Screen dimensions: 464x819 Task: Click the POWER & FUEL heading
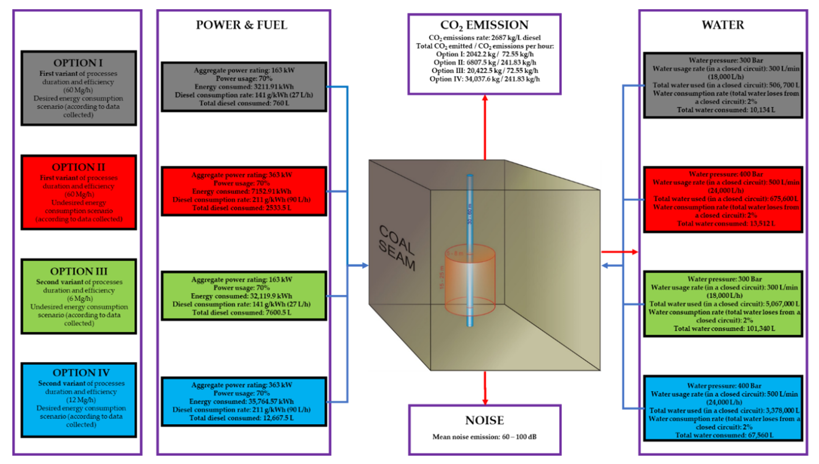tap(241, 25)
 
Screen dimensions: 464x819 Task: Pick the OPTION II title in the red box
tap(78, 167)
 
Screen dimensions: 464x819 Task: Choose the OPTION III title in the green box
tap(78, 271)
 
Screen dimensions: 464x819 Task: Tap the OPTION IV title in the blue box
tap(81, 373)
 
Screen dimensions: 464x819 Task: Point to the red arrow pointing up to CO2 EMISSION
tap(485, 127)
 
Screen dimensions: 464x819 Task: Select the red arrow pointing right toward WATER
tap(620, 252)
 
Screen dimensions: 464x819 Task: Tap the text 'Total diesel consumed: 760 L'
tap(244, 103)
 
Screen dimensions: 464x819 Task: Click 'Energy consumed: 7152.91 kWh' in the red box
tap(242, 191)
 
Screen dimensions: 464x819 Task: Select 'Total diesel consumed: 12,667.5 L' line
tap(242, 418)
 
